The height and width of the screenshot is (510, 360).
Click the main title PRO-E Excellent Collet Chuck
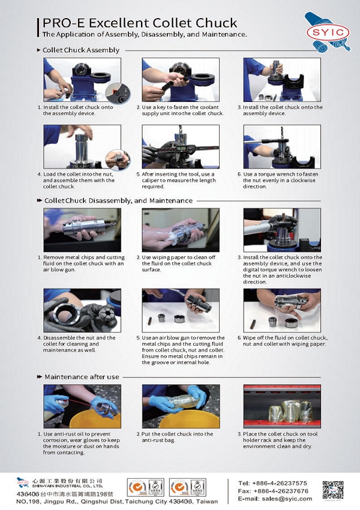139,23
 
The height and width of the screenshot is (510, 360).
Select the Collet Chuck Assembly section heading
80,50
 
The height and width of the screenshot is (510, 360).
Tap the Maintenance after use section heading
82,376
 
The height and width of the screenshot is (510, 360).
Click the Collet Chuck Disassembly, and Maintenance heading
118,200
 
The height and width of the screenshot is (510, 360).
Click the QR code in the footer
334,490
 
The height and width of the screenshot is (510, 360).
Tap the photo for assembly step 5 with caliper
180,146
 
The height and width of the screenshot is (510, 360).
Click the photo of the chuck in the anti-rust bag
180,406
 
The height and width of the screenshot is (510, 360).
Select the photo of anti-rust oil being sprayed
82,406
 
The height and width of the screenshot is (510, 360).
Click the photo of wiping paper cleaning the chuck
180,230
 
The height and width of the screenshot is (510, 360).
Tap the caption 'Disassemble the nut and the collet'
79,341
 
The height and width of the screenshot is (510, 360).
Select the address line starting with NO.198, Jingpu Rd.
117,500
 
